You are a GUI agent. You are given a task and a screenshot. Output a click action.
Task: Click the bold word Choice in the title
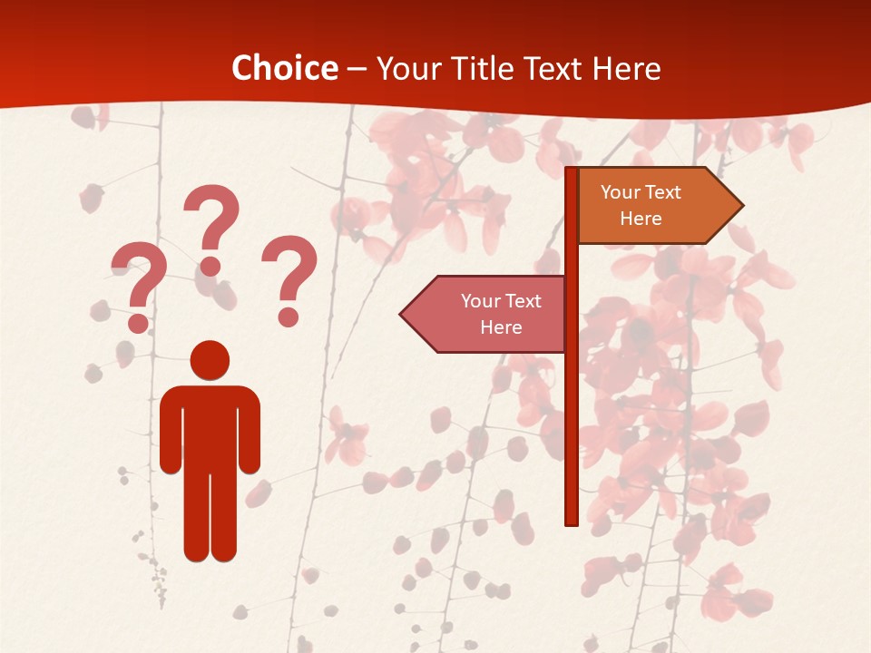tap(284, 68)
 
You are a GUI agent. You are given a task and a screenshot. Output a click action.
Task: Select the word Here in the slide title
tap(627, 68)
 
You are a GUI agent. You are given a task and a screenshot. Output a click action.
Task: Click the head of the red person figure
tap(210, 360)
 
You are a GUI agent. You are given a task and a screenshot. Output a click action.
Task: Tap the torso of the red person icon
tap(210, 426)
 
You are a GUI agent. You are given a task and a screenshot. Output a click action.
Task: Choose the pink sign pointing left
tap(490, 314)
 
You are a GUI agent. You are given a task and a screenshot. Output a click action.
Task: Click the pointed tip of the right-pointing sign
tap(740, 206)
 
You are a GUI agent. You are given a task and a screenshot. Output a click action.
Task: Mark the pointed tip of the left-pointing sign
tap(403, 314)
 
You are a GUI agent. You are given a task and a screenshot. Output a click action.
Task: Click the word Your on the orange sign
tap(621, 192)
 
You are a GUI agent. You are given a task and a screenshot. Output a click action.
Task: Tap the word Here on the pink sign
tap(501, 327)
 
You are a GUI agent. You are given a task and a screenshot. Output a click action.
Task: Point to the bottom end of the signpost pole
tap(572, 521)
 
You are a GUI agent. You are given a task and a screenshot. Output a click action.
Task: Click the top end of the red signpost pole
tap(572, 171)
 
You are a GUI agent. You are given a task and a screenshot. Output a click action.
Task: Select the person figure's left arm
tap(171, 431)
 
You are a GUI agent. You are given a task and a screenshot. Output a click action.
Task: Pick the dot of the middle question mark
tap(210, 265)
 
